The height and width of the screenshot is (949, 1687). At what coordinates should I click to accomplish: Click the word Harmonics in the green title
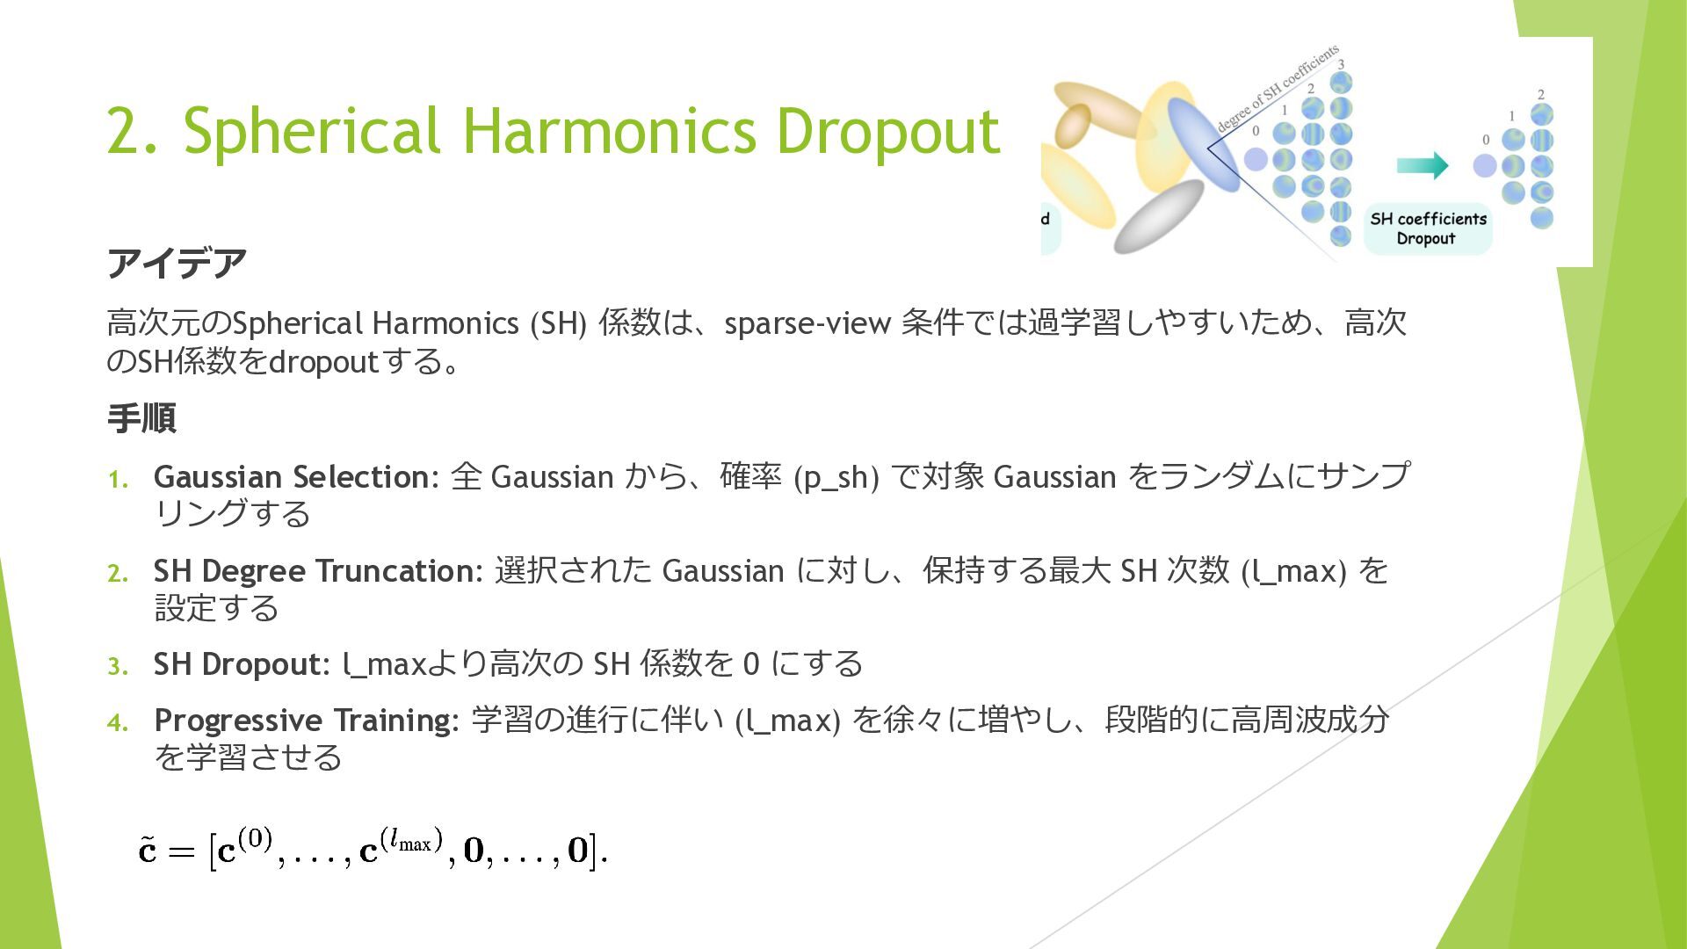(609, 131)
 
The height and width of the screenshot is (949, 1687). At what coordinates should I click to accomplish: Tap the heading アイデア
(177, 263)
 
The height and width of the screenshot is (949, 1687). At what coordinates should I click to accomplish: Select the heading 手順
(141, 418)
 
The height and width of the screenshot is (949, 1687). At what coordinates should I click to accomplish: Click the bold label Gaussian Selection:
(296, 477)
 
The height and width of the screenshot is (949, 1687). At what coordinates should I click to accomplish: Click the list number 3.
(118, 667)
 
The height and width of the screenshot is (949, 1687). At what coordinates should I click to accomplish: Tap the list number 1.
(118, 480)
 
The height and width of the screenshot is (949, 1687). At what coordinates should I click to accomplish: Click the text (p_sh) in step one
(836, 478)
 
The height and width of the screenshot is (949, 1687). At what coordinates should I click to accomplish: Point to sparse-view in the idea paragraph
(807, 324)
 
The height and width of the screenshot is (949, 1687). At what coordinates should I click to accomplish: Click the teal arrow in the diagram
(1423, 165)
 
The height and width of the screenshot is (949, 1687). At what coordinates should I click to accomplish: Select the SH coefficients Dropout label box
(1428, 228)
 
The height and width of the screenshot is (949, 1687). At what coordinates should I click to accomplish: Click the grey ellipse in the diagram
(1159, 216)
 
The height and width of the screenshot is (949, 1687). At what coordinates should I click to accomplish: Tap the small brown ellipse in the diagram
(1073, 126)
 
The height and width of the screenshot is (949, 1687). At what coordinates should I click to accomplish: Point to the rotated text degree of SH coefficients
(1278, 88)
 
